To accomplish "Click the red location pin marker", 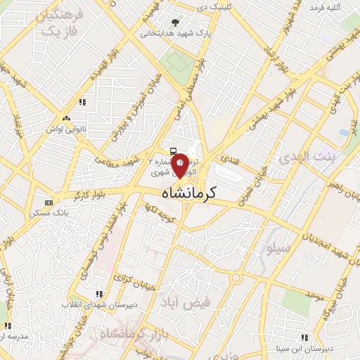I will (180, 165).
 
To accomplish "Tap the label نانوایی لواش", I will (66, 128).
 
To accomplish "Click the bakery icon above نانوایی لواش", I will (66, 118).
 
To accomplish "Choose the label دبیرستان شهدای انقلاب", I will (100, 304).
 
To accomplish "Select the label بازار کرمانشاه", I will (131, 335).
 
